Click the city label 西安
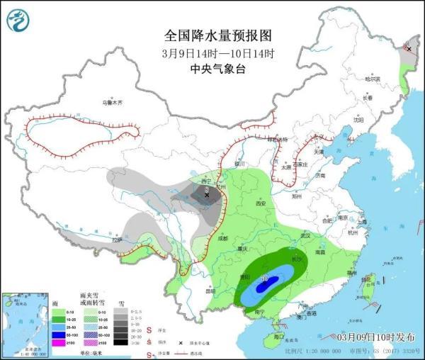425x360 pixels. click(260, 204)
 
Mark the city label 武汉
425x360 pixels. click(306, 235)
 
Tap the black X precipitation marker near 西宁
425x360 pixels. click(207, 193)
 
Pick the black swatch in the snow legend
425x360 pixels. click(123, 343)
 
